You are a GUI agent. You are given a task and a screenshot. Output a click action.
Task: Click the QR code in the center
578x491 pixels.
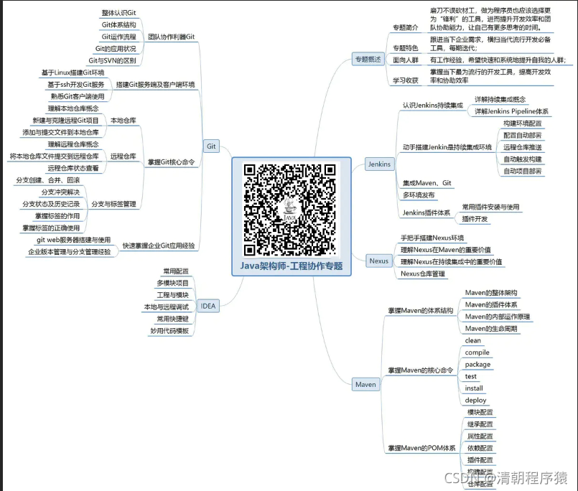(x=289, y=208)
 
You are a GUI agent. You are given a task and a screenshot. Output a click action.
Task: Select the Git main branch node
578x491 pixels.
(x=211, y=146)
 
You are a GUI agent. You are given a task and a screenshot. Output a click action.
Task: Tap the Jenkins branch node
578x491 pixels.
(x=379, y=164)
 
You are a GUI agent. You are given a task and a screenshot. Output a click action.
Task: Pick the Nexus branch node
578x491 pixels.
(x=378, y=261)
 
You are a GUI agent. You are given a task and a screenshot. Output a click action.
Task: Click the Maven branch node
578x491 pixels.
(x=365, y=385)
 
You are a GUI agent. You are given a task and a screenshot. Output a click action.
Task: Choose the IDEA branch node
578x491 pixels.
(x=208, y=306)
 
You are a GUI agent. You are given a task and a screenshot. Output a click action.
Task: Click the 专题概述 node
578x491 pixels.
(x=368, y=58)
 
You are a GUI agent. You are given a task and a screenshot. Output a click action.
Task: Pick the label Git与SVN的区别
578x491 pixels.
(x=111, y=60)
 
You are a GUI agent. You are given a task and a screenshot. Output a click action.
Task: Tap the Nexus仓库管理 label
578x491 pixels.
(x=423, y=273)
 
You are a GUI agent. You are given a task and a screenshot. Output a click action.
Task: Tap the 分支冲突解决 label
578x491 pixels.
(x=60, y=192)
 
